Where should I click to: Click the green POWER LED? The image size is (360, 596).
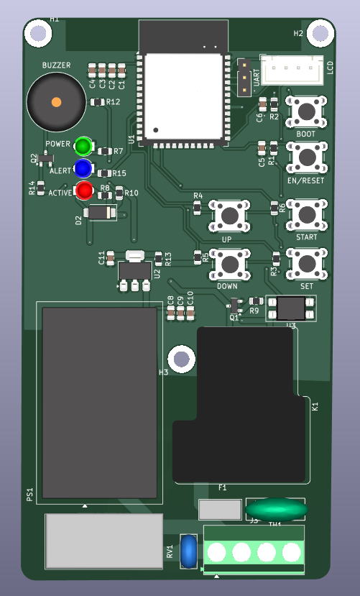pyautogui.click(x=83, y=147)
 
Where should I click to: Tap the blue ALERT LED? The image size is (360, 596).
pyautogui.click(x=83, y=168)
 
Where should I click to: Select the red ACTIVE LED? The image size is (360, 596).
pyautogui.click(x=84, y=191)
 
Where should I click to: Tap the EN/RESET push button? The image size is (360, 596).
pyautogui.click(x=307, y=156)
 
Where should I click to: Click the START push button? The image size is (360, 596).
pyautogui.click(x=307, y=213)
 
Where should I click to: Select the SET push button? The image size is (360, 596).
pyautogui.click(x=307, y=262)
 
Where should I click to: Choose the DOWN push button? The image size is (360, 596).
pyautogui.click(x=229, y=262)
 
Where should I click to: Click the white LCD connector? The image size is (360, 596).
pyautogui.click(x=292, y=70)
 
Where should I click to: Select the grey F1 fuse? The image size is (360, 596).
pyautogui.click(x=220, y=510)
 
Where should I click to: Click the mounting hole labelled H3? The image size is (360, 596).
pyautogui.click(x=182, y=358)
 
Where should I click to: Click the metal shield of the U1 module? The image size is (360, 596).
pyautogui.click(x=184, y=96)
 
